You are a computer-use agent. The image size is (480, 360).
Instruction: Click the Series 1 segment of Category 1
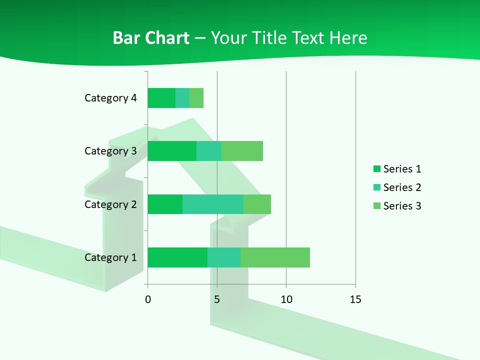(177, 257)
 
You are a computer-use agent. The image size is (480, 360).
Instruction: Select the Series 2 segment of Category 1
(224, 257)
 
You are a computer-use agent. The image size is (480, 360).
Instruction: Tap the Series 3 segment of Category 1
(275, 257)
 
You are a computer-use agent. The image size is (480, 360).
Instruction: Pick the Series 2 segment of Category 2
(213, 204)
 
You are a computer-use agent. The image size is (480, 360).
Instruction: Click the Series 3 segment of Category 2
(257, 204)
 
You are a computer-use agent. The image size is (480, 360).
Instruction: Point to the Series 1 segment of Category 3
(172, 151)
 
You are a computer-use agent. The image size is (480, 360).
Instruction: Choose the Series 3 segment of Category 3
(242, 151)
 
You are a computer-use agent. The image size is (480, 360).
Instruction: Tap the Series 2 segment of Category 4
(182, 98)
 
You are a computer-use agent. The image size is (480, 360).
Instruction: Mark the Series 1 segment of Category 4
(161, 98)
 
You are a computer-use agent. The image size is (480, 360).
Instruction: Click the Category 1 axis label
(110, 257)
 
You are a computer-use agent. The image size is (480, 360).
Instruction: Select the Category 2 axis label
(110, 204)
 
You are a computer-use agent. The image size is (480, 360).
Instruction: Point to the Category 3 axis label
(110, 151)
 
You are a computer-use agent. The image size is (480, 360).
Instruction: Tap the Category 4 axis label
(110, 98)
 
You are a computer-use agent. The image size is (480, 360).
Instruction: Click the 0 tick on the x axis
(148, 299)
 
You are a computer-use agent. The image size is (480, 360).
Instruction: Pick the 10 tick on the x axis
(286, 299)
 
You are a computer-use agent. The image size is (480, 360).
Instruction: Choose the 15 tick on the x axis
(355, 299)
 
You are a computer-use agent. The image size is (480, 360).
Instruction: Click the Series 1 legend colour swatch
(377, 169)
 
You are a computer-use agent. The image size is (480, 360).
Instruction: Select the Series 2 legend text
(402, 187)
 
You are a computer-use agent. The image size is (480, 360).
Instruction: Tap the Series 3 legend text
(402, 206)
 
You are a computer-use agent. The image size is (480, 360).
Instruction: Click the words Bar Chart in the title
(151, 38)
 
